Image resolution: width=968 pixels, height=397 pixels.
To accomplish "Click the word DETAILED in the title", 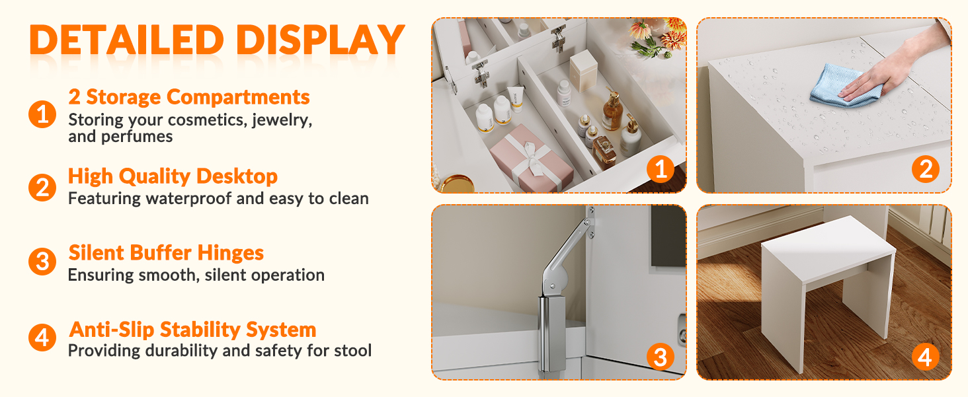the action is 126,40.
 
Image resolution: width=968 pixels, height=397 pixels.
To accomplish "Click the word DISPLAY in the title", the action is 320,40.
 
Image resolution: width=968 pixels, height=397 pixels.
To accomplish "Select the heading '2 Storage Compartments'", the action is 189,97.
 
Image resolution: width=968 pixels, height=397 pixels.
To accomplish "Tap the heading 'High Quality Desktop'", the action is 173,176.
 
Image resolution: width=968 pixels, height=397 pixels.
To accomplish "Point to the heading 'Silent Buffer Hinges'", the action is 166,253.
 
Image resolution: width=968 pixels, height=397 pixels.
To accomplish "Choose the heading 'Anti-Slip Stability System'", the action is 192,330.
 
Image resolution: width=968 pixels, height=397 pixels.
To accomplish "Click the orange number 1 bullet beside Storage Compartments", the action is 42,114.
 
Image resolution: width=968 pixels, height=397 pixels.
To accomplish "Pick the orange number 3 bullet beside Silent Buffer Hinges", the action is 42,262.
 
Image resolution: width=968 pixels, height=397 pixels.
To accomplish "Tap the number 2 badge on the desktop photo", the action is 925,168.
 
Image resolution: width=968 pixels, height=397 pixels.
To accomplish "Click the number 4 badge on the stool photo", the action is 925,357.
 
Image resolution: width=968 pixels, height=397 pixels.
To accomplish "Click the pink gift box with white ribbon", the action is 532,160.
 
